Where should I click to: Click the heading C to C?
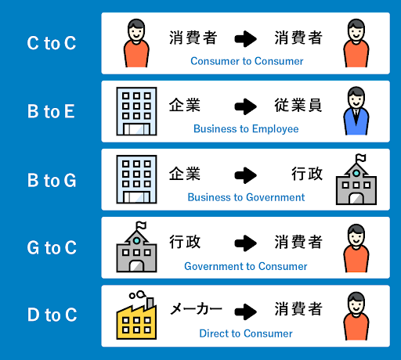pos(52,43)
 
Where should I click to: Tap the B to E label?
pos(51,111)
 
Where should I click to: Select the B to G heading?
pos(52,180)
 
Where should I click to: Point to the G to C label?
pos(52,247)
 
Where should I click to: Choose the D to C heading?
pos(52,315)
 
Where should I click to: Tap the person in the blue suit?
pos(356,111)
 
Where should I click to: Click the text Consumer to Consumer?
pos(247,61)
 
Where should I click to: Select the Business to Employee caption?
pos(246,129)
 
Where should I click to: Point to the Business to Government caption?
pos(246,197)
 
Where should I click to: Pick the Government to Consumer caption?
pos(246,266)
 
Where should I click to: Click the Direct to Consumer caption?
pos(246,333)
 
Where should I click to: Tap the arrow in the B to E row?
pos(245,106)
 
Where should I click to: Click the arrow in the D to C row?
pos(245,311)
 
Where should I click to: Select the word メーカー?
pos(196,309)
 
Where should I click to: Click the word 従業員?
pos(298,105)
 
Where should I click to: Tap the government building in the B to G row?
pos(356,179)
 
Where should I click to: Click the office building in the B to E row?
pos(136,111)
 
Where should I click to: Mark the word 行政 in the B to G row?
pos(307,174)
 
